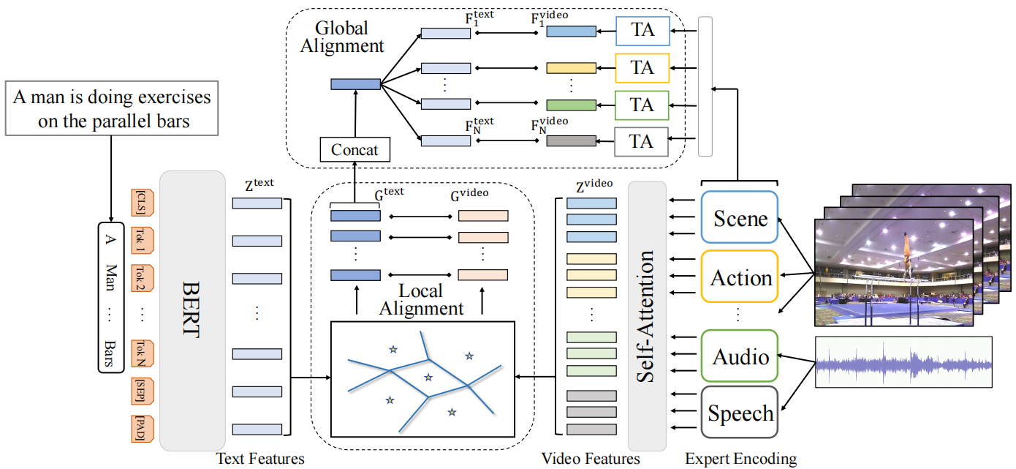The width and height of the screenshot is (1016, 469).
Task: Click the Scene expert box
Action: pyautogui.click(x=740, y=218)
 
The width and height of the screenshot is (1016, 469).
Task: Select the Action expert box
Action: pyautogui.click(x=740, y=277)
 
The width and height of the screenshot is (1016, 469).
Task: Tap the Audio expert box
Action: pyautogui.click(x=740, y=356)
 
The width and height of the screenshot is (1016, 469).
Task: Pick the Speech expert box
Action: pyautogui.click(x=740, y=413)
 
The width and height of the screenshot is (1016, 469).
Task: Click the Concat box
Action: pyautogui.click(x=355, y=150)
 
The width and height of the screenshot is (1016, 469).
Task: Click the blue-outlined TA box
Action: pyautogui.click(x=642, y=31)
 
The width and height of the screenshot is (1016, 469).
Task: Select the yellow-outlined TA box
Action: pyautogui.click(x=642, y=67)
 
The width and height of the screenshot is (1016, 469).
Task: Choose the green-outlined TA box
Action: pyautogui.click(x=642, y=105)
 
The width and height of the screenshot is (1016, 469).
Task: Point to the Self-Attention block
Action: pyautogui.click(x=647, y=316)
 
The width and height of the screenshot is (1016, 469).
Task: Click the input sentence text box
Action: pyautogui.click(x=113, y=109)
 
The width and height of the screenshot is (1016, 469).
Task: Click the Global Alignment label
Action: pyautogui.click(x=349, y=37)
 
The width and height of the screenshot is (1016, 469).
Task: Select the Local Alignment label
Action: pyautogui.click(x=421, y=299)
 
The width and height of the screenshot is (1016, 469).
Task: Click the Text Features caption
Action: pyautogui.click(x=260, y=459)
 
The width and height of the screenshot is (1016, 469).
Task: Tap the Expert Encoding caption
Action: pyautogui.click(x=741, y=459)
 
